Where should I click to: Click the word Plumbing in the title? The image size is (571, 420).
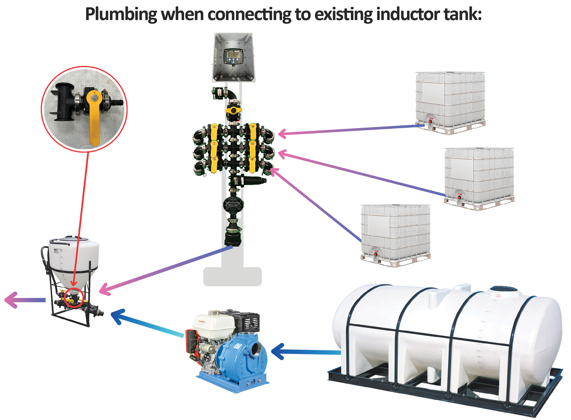click(121, 15)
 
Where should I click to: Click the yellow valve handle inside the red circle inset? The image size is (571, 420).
click(94, 117)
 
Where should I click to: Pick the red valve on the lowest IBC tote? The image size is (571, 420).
click(375, 253)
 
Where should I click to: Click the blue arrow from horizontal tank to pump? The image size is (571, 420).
click(305, 352)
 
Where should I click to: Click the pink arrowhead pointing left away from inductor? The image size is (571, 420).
click(11, 300)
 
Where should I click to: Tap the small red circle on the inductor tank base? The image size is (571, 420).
click(74, 298)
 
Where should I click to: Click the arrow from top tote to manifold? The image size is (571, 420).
click(351, 130)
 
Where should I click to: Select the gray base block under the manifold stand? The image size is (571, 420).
click(232, 277)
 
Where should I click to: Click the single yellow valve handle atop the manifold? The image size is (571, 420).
click(233, 110)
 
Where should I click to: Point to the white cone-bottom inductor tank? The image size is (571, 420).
click(74, 259)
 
